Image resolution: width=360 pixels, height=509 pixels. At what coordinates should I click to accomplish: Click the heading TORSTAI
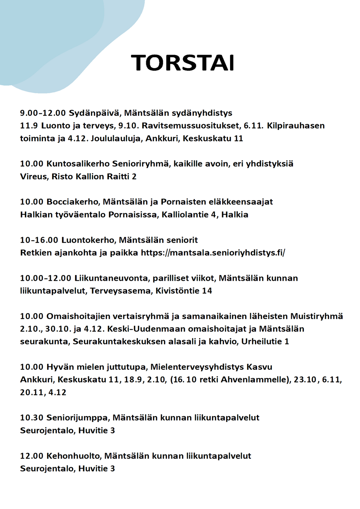(x=183, y=63)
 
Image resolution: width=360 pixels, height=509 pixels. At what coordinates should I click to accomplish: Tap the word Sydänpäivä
(x=95, y=113)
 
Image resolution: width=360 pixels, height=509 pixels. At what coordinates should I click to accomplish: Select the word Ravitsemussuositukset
(x=191, y=126)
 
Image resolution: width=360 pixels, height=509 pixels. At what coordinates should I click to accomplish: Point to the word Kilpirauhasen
(x=296, y=126)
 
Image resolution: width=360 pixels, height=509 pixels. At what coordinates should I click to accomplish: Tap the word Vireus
(x=34, y=176)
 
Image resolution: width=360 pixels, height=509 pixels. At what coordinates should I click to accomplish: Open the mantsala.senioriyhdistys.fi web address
(x=213, y=253)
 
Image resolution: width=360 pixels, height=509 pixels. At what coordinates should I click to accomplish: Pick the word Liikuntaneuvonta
(x=112, y=278)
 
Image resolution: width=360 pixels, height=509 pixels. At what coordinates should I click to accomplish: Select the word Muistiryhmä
(x=316, y=316)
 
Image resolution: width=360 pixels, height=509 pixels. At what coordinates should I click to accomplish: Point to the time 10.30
(x=32, y=418)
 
